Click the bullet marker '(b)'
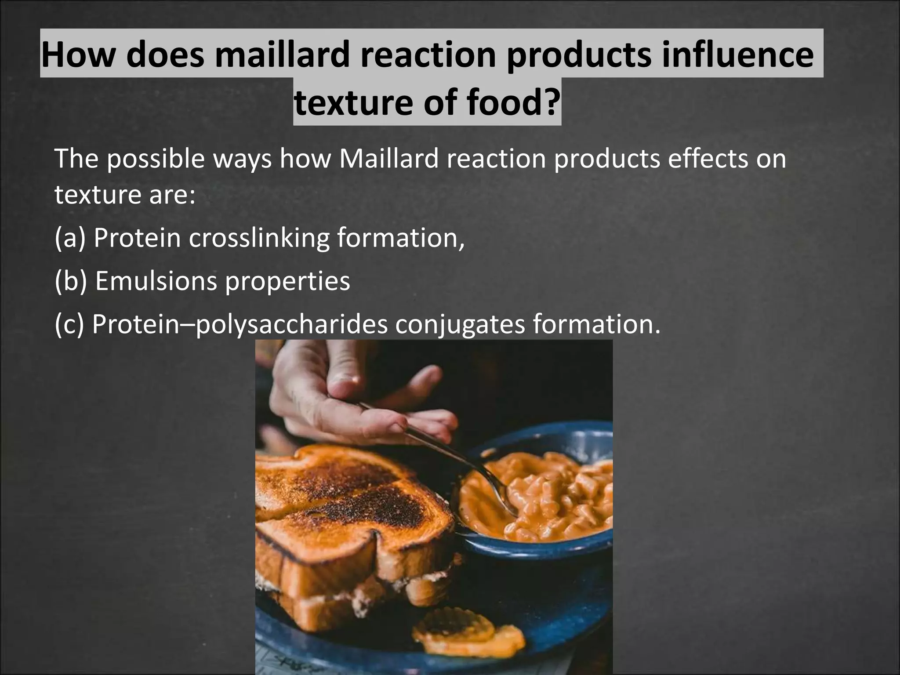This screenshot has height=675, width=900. coord(70,281)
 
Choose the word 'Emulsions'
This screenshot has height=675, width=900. coord(156,281)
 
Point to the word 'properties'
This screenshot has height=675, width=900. coord(287,281)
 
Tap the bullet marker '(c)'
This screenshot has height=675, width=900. coord(69,324)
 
